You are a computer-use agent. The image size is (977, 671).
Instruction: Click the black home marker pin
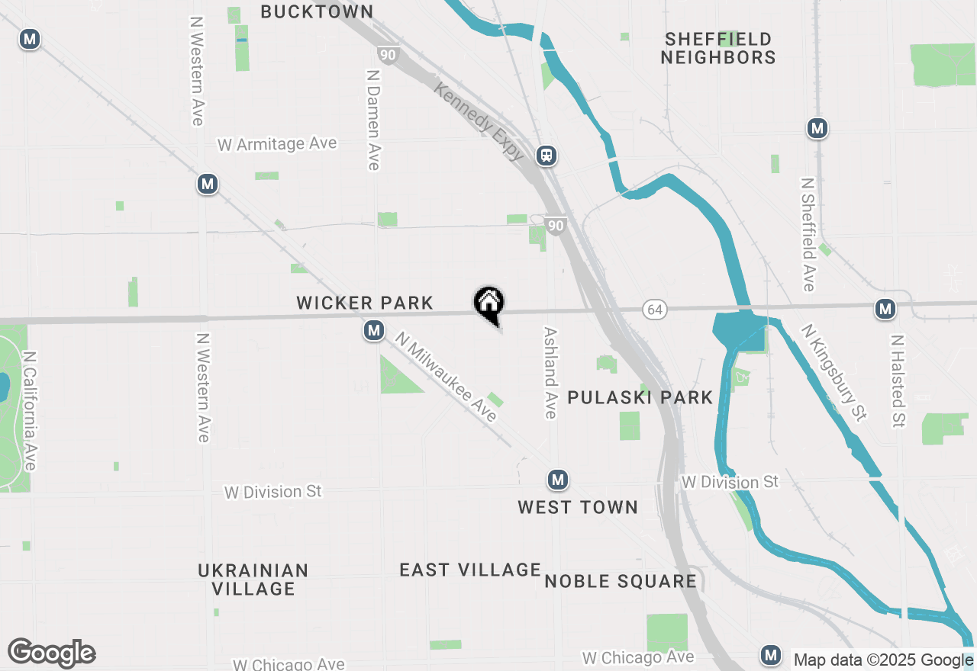coord(489,304)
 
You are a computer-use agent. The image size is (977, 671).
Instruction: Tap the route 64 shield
coord(654,309)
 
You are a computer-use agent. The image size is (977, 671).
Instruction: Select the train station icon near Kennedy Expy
coord(547,156)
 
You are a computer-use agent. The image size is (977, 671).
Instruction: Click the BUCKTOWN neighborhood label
coord(317,11)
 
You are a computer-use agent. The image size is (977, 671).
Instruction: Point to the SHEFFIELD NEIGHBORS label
coord(718,48)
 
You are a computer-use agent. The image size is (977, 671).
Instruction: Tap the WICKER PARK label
coord(365,303)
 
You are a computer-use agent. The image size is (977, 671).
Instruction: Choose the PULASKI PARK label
coord(640,397)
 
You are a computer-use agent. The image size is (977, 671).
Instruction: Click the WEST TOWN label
coord(577,507)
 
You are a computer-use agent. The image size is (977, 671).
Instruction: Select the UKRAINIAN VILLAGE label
coord(253,579)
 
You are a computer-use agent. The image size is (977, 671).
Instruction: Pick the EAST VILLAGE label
coord(470,570)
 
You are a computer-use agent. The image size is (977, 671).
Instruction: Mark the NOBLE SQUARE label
coord(621,582)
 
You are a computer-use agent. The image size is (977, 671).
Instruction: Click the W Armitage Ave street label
coord(277,144)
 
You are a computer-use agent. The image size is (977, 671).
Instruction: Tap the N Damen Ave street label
coord(372,120)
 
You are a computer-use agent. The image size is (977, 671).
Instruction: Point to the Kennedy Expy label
coord(479,122)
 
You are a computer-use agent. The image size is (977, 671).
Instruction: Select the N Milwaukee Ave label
coord(446,375)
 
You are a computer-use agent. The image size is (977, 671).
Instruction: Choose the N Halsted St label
coord(898,380)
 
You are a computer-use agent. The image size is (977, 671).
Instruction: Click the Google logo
coord(51,653)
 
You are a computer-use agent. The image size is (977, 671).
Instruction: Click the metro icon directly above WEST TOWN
coord(558,480)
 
